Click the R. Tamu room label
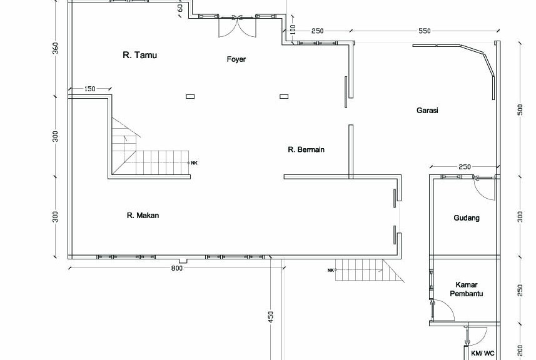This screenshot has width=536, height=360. tap(140, 55)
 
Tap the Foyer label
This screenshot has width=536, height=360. tap(236, 59)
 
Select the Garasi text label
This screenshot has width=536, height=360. tap(427, 111)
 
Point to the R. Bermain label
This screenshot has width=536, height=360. tap(306, 149)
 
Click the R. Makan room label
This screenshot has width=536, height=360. tap(143, 215)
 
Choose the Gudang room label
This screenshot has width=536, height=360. tap(467, 218)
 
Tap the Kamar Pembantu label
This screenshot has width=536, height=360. tap(467, 289)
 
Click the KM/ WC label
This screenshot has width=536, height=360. tap(482, 353)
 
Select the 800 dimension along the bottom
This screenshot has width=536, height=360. tap(177, 268)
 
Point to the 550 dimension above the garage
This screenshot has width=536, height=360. tap(424, 31)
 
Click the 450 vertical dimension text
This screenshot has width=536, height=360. tap(271, 317)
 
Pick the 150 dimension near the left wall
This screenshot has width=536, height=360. tap(89, 89)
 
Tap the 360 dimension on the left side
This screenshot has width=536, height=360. tap(55, 48)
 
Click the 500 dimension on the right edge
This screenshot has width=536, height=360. tap(520, 109)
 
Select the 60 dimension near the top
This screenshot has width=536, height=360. tap(180, 7)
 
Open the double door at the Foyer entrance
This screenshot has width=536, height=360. tap(237, 26)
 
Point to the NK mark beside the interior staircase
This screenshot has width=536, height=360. tap(194, 163)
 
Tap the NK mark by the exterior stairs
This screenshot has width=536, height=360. tap(330, 270)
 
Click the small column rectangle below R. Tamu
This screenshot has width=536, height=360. tap(190, 97)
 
